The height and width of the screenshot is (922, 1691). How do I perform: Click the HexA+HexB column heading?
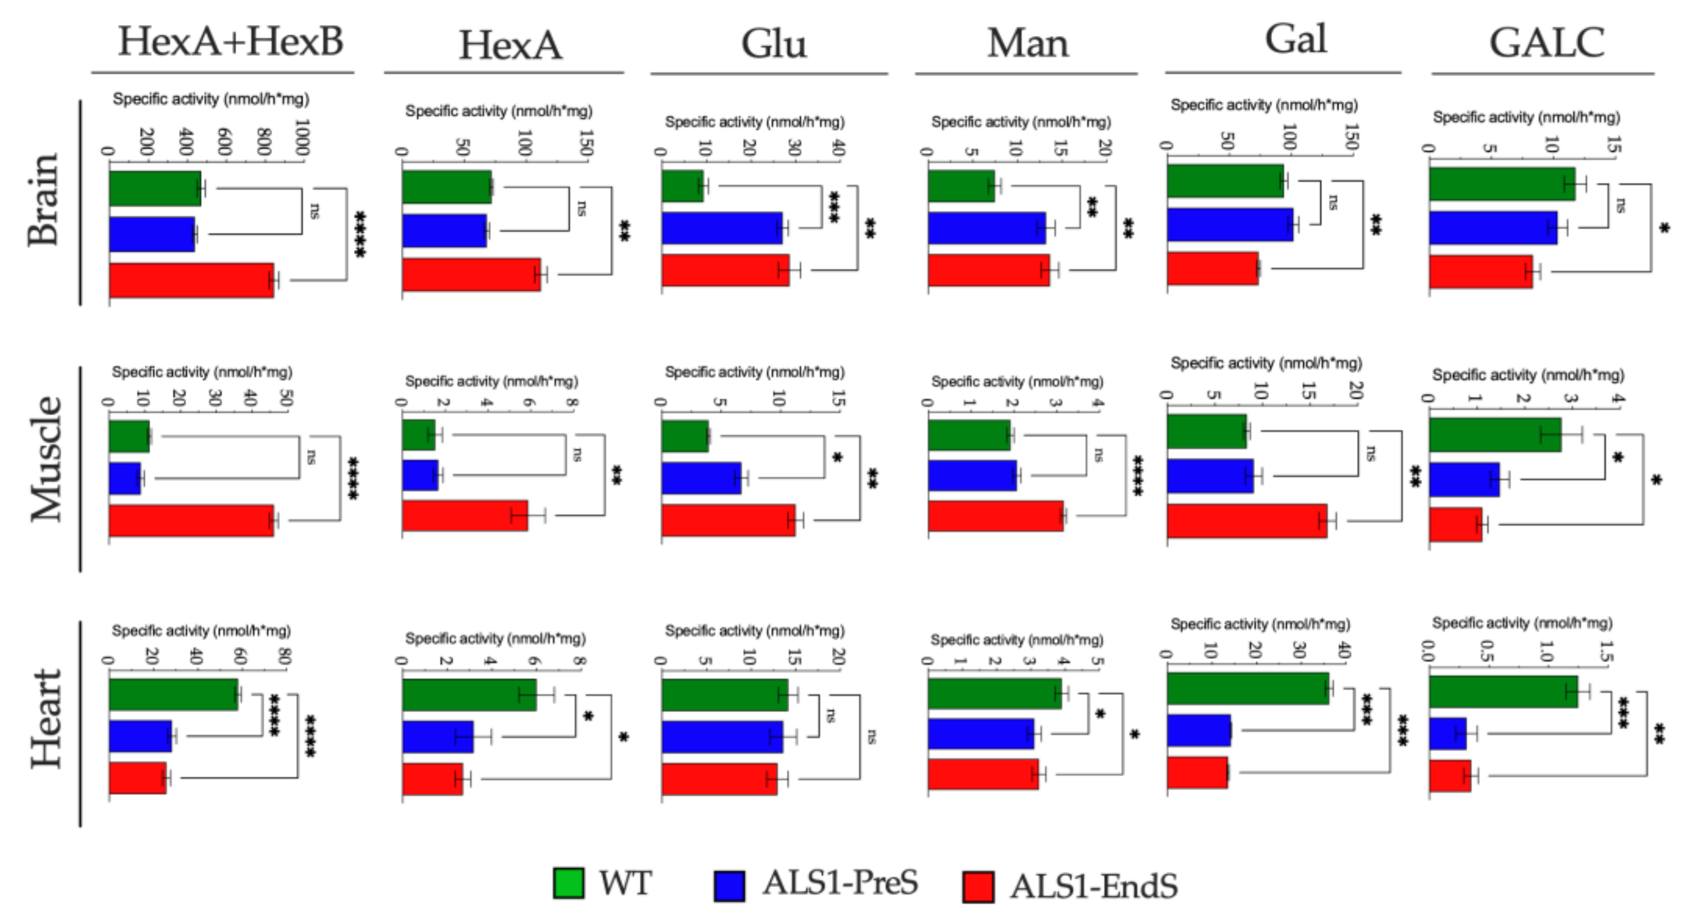[x=230, y=42]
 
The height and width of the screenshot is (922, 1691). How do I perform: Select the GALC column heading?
[x=1546, y=43]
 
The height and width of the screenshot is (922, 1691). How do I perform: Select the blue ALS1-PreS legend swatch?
[x=729, y=886]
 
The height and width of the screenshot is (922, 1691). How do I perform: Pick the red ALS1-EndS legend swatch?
[x=978, y=887]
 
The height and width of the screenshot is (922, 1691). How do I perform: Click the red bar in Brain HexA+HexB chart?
[x=191, y=281]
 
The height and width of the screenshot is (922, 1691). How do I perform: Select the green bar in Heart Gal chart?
[x=1247, y=689]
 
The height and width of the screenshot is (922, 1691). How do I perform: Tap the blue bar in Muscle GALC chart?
[x=1464, y=479]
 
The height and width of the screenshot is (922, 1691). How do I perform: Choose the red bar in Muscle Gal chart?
[x=1247, y=522]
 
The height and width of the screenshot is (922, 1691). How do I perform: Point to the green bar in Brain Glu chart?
[x=682, y=186]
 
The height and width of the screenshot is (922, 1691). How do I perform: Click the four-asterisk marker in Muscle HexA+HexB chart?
[x=353, y=479]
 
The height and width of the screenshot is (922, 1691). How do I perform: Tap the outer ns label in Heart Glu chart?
[x=871, y=737]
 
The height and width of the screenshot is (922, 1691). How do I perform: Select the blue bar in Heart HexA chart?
[x=437, y=737]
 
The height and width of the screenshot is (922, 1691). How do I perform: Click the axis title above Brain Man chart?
[x=1021, y=122]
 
